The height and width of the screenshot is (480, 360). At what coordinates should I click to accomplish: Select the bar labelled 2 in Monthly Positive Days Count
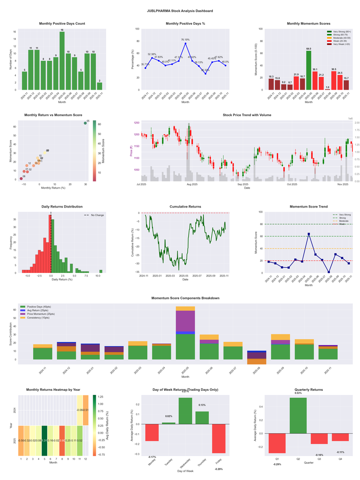click(99, 86)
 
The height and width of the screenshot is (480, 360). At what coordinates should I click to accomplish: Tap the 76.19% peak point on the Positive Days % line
click(185, 43)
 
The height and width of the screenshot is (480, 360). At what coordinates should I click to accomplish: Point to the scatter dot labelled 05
click(85, 123)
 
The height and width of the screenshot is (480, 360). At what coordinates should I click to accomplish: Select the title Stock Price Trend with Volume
click(247, 115)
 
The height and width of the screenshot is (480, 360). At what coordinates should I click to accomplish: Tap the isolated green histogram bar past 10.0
click(101, 271)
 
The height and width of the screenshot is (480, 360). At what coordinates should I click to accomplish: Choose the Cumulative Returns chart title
click(185, 207)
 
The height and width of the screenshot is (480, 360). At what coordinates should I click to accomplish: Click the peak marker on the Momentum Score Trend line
click(309, 234)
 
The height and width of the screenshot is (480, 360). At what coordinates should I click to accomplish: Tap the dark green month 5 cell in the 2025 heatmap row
click(45, 440)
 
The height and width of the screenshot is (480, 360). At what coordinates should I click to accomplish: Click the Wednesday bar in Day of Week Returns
click(185, 411)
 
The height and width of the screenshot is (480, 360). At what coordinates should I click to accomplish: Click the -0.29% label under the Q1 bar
click(277, 464)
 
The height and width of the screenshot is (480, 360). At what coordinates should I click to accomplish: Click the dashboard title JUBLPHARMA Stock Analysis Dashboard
click(180, 10)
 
